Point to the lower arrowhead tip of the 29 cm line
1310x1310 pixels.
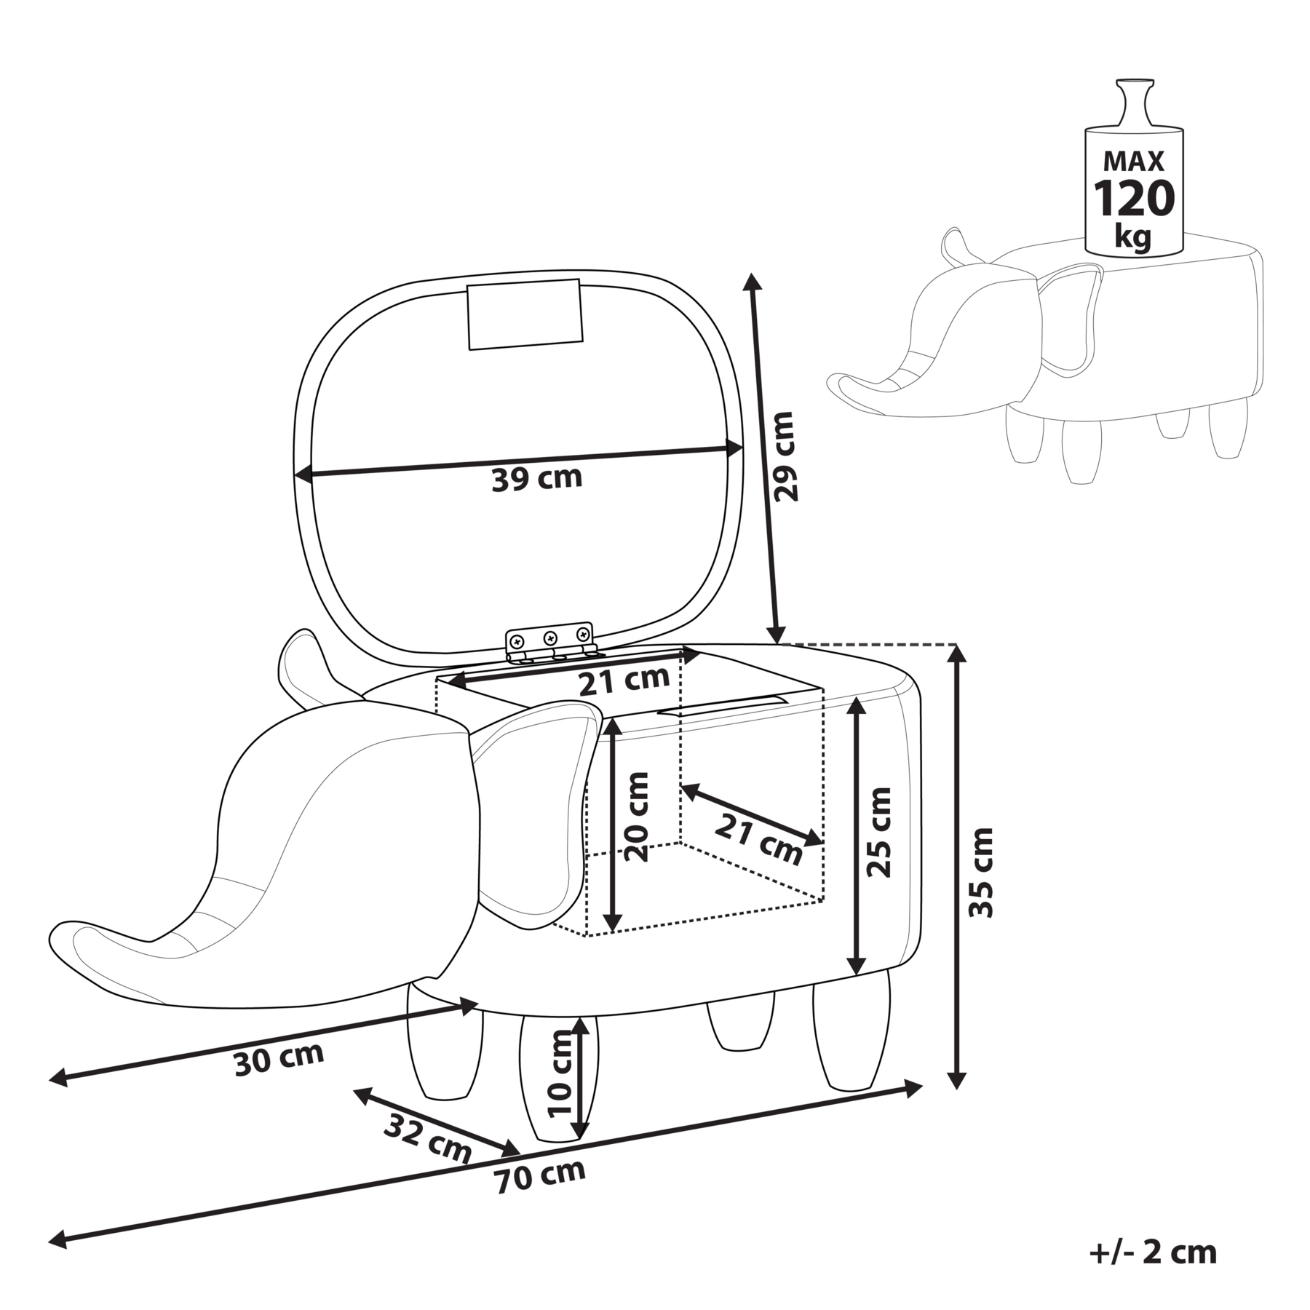[778, 643]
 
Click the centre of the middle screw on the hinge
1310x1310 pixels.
[550, 637]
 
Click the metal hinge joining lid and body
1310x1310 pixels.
[551, 642]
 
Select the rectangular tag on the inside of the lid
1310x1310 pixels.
[525, 314]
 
